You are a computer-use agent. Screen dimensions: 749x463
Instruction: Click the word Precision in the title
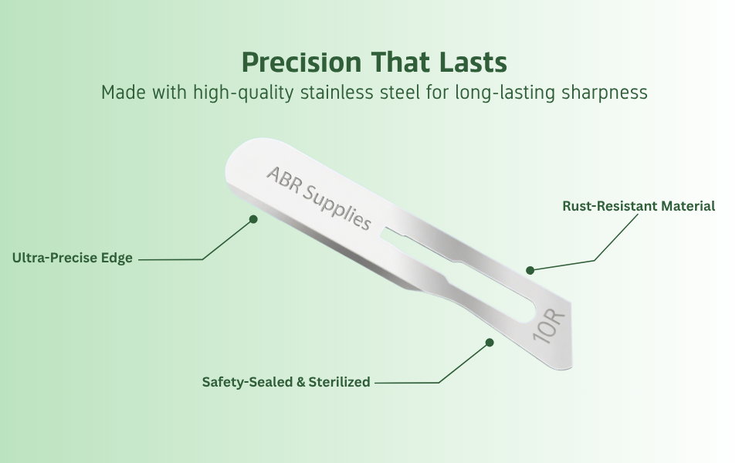tap(301, 62)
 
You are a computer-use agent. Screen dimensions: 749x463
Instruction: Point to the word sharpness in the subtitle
tap(605, 93)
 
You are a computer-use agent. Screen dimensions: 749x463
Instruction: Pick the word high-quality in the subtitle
tap(243, 93)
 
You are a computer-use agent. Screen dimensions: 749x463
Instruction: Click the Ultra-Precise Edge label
tap(72, 258)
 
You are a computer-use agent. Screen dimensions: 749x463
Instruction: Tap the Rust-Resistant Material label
tap(639, 206)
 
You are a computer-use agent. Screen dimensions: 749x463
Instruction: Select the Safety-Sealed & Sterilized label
tap(286, 382)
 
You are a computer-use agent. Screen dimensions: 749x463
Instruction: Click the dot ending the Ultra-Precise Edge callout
tap(253, 219)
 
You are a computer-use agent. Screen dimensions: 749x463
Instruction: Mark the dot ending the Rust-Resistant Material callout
tap(530, 270)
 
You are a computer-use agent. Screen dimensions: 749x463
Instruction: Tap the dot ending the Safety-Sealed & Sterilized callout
tap(490, 343)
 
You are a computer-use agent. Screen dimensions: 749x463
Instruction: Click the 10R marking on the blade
tap(549, 326)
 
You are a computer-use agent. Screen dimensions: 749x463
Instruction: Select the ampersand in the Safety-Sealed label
tap(300, 382)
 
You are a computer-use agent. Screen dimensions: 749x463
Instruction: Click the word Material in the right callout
tap(688, 206)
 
